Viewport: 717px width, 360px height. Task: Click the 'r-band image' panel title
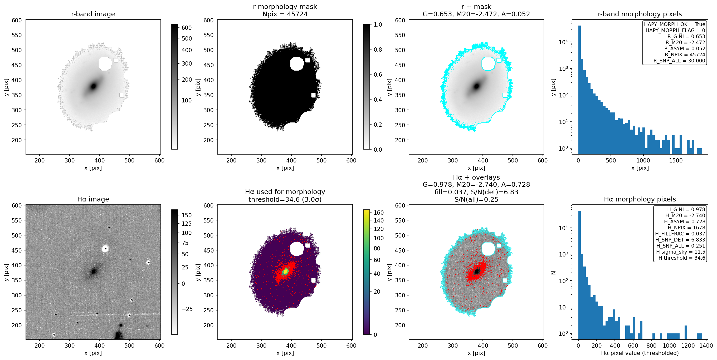pyautogui.click(x=93, y=14)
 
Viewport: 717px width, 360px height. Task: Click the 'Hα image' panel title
pyautogui.click(x=93, y=199)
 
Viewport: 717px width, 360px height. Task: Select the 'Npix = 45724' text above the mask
pyautogui.click(x=285, y=14)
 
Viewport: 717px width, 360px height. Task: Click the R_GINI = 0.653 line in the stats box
pyautogui.click(x=686, y=36)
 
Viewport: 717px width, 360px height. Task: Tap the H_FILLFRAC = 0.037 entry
pyautogui.click(x=680, y=234)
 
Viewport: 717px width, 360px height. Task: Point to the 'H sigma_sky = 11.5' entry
pyautogui.click(x=681, y=252)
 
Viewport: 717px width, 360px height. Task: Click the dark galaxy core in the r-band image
pyautogui.click(x=93, y=86)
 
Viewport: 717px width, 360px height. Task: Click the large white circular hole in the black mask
pyautogui.click(x=297, y=64)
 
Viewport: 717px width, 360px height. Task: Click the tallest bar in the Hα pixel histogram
pyautogui.click(x=579, y=275)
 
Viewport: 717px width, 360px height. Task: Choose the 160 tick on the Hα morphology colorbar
pyautogui.click(x=376, y=213)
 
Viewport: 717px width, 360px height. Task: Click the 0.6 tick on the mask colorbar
pyautogui.click(x=375, y=75)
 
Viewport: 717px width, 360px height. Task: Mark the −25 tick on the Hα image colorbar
pyautogui.click(x=184, y=309)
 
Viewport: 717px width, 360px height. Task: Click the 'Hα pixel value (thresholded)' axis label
pyautogui.click(x=640, y=353)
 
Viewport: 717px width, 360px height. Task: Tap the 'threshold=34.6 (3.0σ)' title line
pyautogui.click(x=285, y=199)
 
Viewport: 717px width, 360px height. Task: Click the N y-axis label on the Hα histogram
pyautogui.click(x=553, y=273)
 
